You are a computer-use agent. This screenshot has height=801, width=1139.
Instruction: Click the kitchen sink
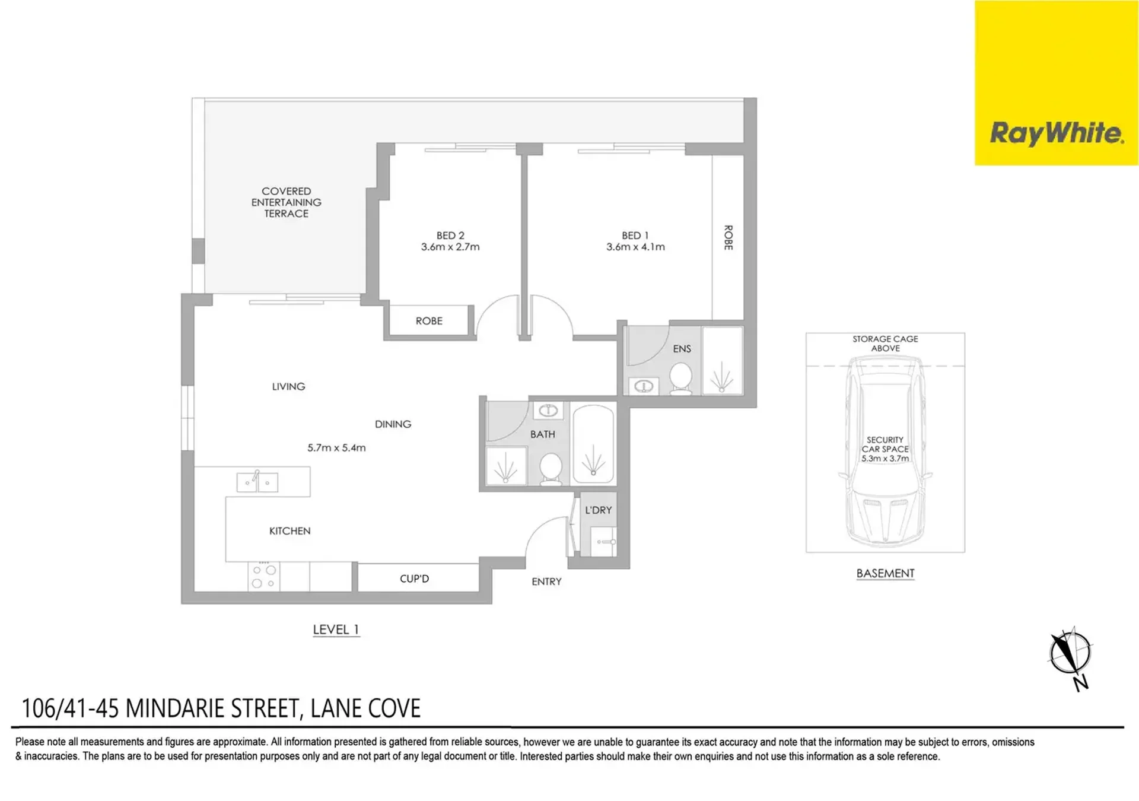pyautogui.click(x=257, y=481)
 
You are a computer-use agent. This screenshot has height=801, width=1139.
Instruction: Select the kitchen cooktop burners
pyautogui.click(x=264, y=576)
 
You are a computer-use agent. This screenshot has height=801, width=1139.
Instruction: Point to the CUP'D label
pyautogui.click(x=414, y=578)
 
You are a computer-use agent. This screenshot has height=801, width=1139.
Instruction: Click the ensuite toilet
pyautogui.click(x=680, y=379)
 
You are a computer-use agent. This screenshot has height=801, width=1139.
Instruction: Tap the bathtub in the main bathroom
pyautogui.click(x=593, y=444)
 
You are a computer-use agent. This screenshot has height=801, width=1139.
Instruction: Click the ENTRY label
pyautogui.click(x=546, y=581)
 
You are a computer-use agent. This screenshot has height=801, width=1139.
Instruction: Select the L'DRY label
pyautogui.click(x=598, y=510)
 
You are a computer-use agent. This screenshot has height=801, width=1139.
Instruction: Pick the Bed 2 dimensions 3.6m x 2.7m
pyautogui.click(x=450, y=247)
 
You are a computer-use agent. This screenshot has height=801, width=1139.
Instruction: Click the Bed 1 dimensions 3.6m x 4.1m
pyautogui.click(x=635, y=247)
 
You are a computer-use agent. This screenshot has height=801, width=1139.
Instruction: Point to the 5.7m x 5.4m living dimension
pyautogui.click(x=336, y=448)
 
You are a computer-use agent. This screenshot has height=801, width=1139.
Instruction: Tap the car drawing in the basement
pyautogui.click(x=885, y=451)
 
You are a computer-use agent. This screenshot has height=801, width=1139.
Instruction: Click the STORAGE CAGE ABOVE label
pyautogui.click(x=885, y=344)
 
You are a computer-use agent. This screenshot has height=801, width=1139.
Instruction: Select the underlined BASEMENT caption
pyautogui.click(x=885, y=574)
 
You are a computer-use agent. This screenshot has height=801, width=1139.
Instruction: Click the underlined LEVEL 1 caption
pyautogui.click(x=336, y=630)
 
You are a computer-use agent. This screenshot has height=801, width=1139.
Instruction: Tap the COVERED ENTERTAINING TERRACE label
pyautogui.click(x=286, y=202)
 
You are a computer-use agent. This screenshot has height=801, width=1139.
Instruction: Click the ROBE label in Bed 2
pyautogui.click(x=429, y=321)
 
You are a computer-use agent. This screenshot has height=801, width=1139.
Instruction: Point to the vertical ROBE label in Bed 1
pyautogui.click(x=728, y=237)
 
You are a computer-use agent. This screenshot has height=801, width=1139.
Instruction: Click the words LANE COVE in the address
pyautogui.click(x=365, y=708)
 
